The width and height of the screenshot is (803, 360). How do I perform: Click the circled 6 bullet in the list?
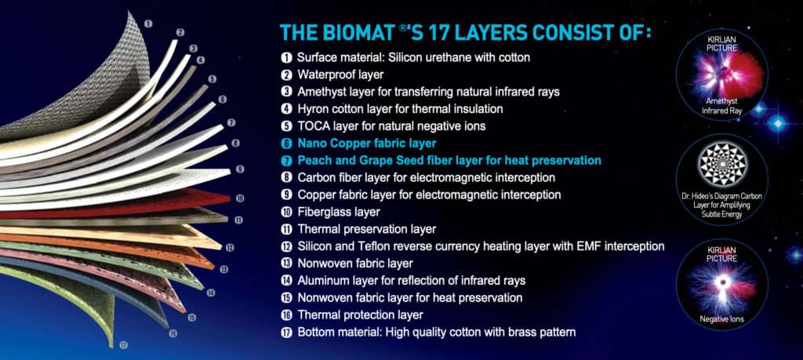[x=287, y=144]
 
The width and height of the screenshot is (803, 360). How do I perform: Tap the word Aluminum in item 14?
[x=323, y=280]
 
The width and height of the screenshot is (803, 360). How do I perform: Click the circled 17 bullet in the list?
[x=287, y=332]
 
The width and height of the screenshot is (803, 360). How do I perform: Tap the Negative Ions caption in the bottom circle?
[x=721, y=319]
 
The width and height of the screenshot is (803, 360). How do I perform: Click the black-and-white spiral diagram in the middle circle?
[x=721, y=166]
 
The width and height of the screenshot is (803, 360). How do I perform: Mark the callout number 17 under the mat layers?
[x=123, y=344]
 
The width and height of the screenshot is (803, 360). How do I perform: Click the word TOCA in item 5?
[x=312, y=126]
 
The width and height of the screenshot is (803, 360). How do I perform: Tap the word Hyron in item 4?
[x=313, y=109]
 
